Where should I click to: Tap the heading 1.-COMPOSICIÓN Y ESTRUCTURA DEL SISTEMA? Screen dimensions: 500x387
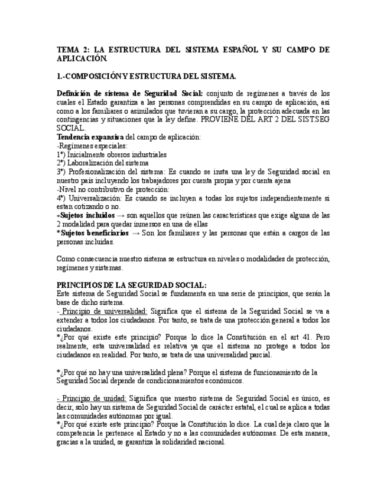pyautogui.click(x=147, y=77)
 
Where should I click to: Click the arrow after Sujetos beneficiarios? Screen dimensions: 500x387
pyautogui.click(x=136, y=233)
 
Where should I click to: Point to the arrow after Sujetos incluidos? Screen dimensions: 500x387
pyautogui.click(x=121, y=216)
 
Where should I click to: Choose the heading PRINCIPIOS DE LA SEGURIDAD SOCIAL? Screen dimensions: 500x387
pyautogui.click(x=131, y=285)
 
